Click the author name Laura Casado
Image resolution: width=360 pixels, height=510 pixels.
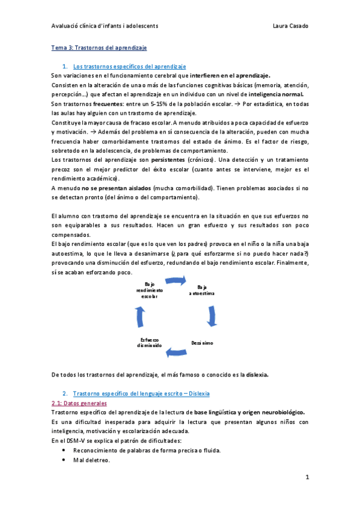[x=290, y=26]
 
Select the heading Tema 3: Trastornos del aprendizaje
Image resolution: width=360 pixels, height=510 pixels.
[x=99, y=47]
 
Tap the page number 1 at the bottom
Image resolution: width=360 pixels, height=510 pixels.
[x=307, y=478]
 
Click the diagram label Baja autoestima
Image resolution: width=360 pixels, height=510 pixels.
[x=202, y=289]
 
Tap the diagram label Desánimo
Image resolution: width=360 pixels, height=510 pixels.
[x=203, y=342]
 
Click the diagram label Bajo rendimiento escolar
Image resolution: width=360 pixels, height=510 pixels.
[x=150, y=289]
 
